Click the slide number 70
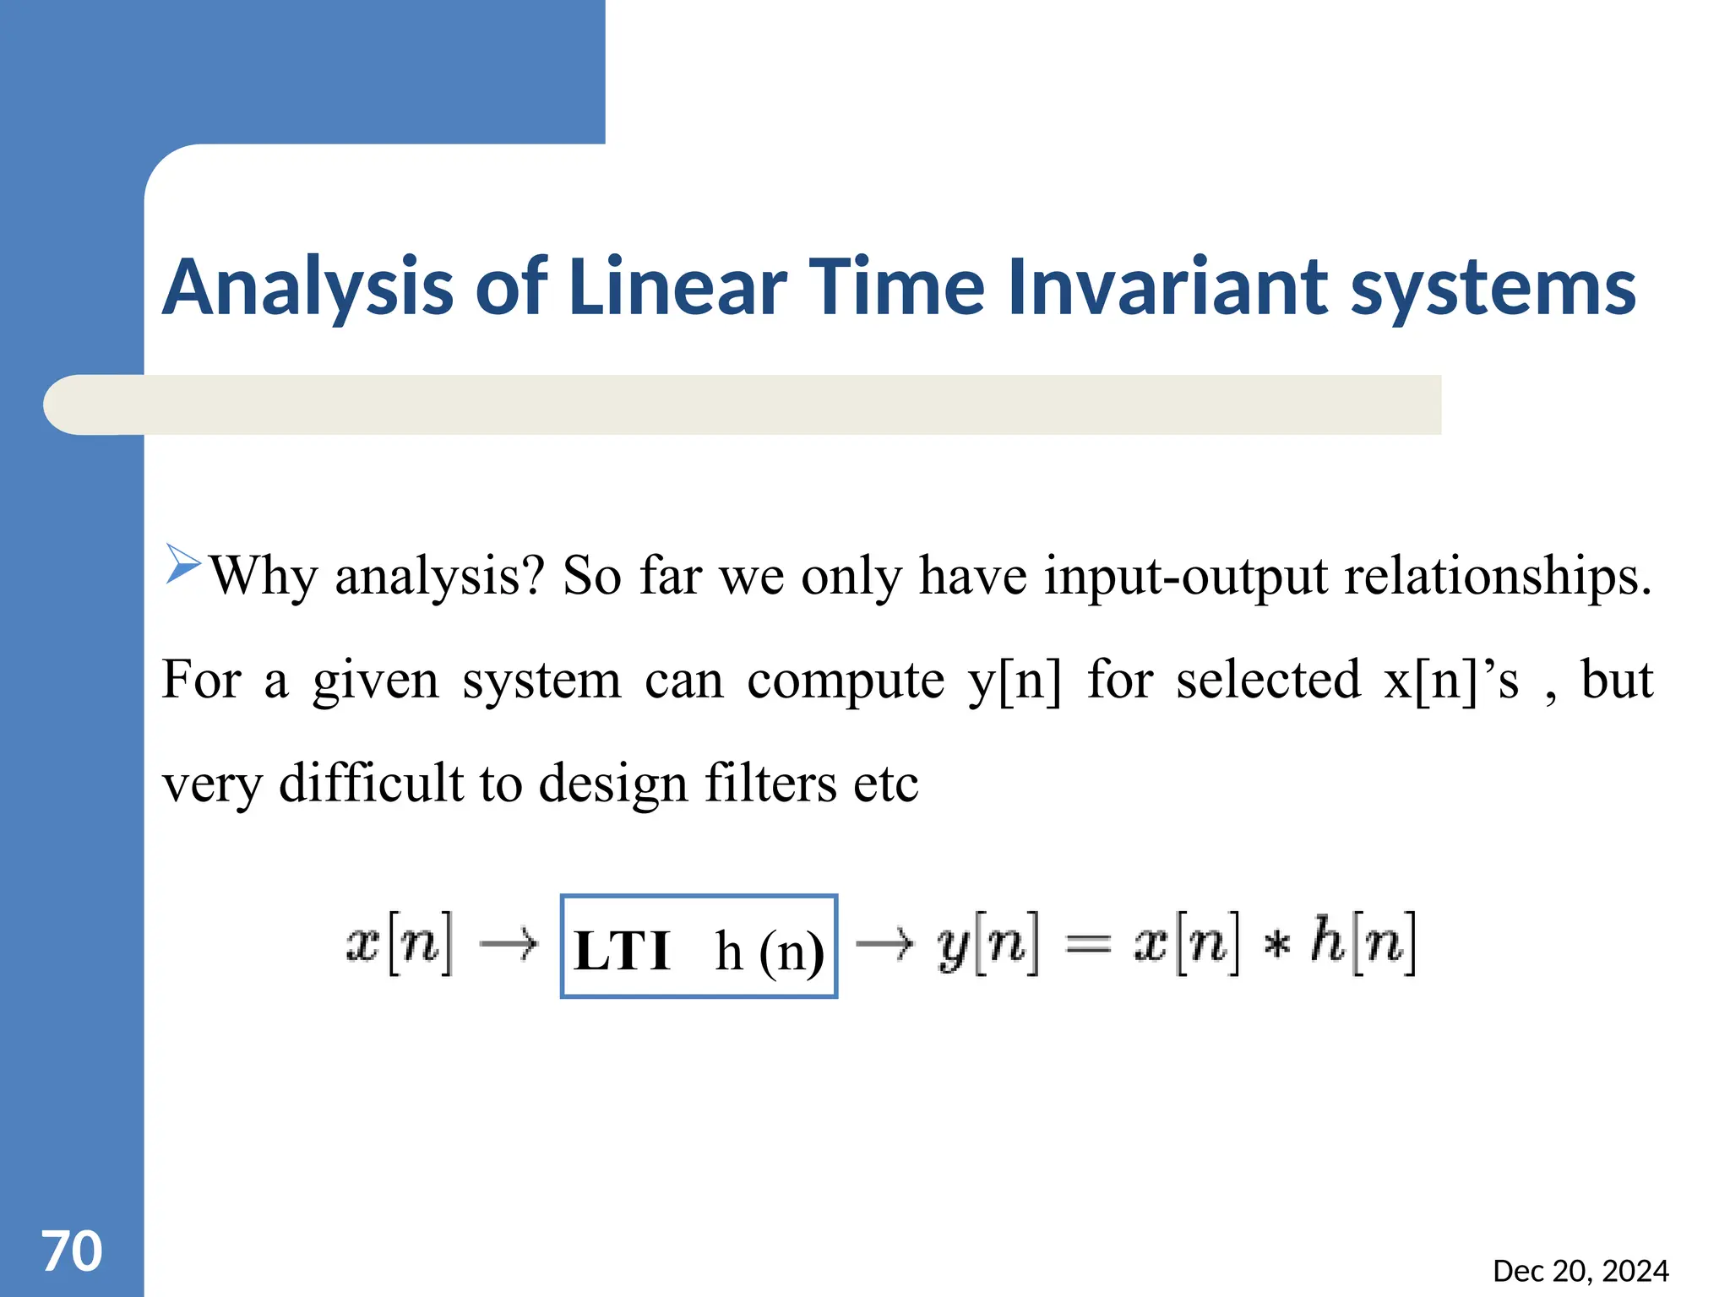72,1251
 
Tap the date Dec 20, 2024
1580,1271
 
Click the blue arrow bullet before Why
182,563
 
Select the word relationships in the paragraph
1498,578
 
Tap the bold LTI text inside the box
622,951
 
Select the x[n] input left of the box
400,943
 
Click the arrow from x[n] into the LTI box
509,943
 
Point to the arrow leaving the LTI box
884,943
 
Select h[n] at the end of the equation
1363,943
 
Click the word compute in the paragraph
846,681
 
